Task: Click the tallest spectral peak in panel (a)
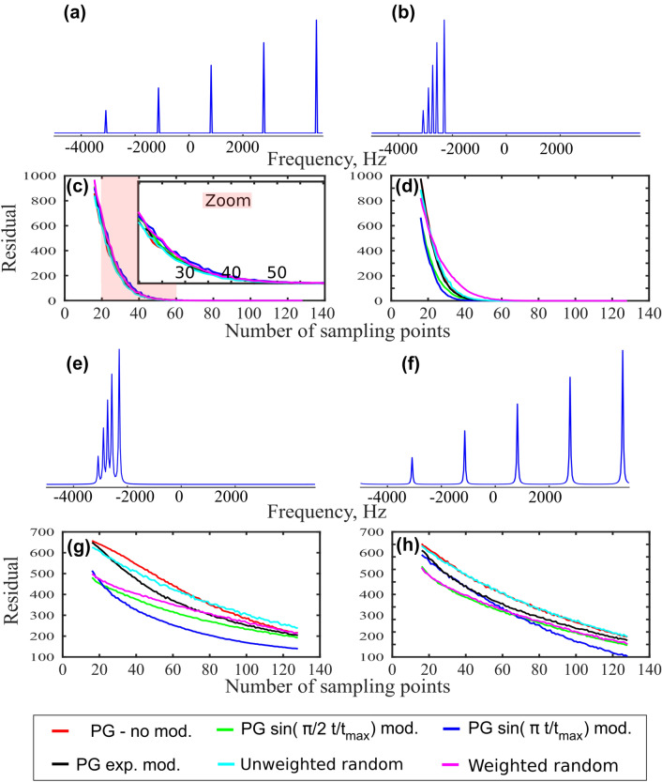point(317,75)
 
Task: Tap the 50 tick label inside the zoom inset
point(276,272)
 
